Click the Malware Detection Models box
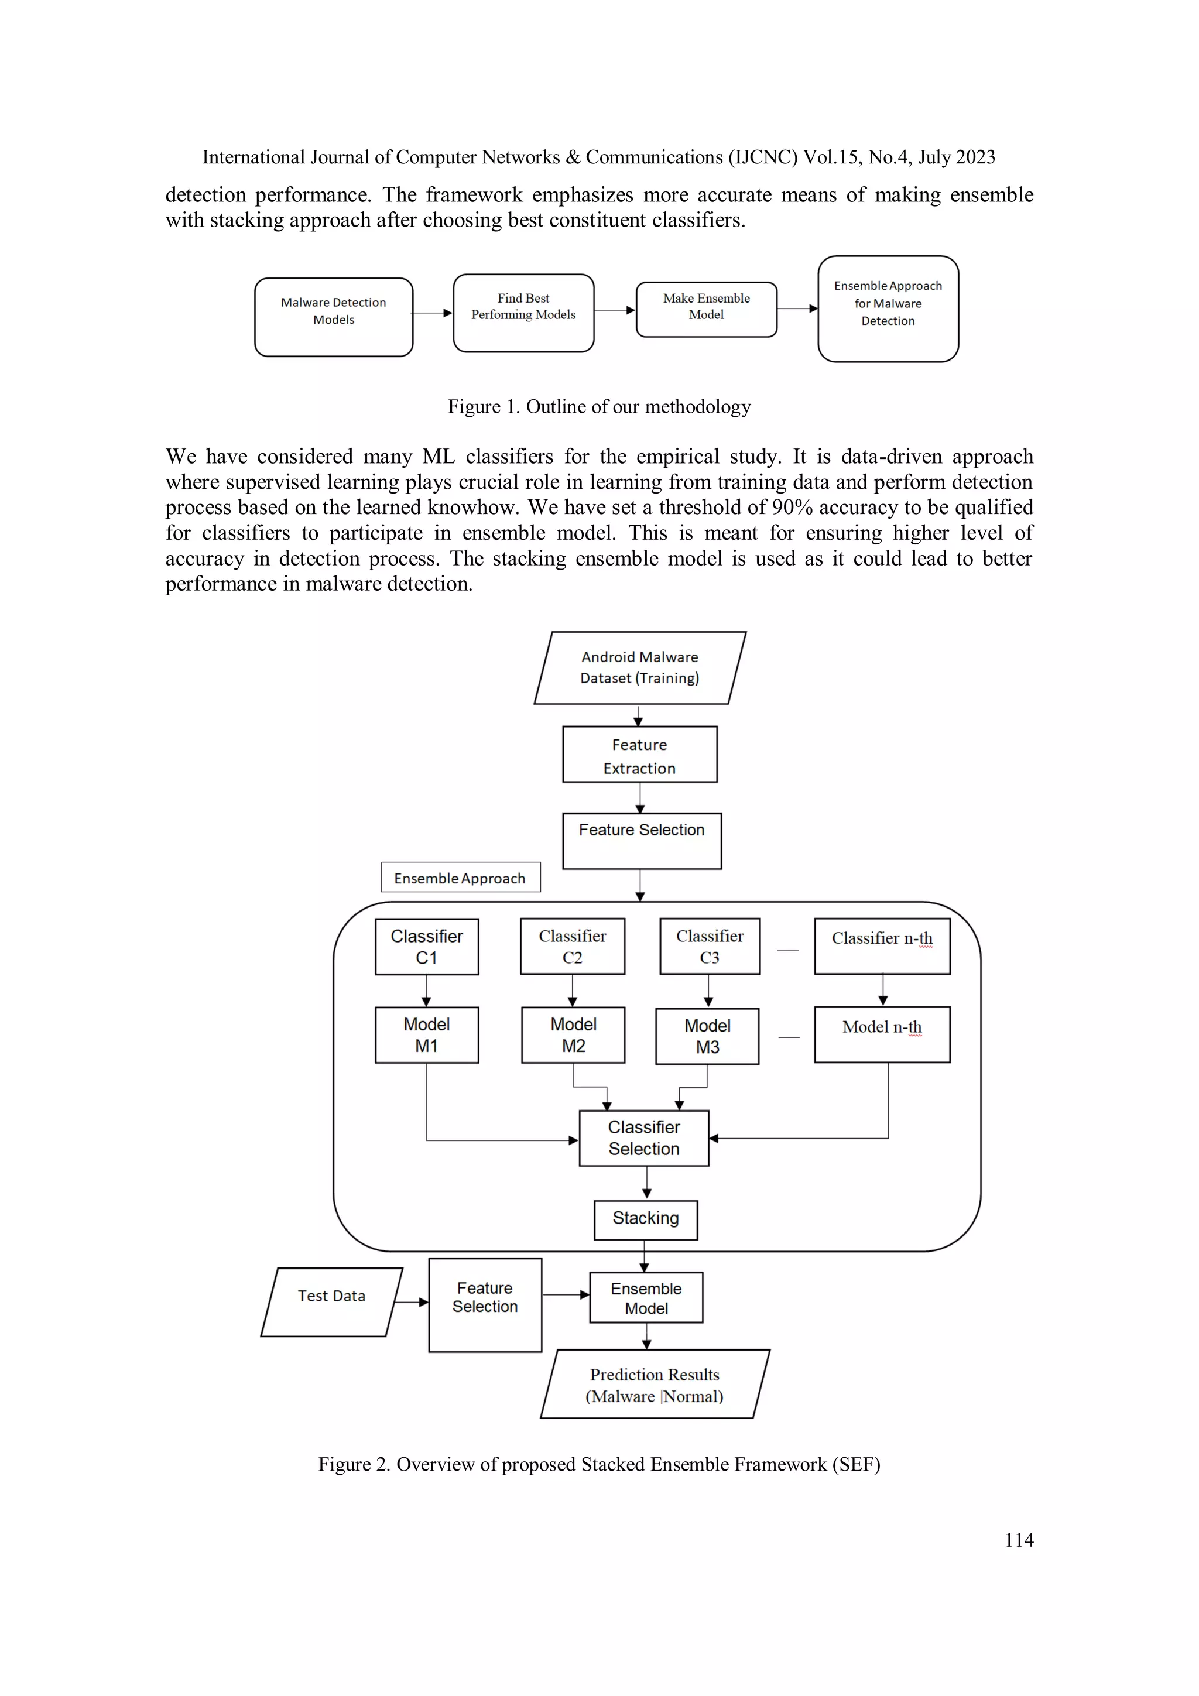tap(333, 317)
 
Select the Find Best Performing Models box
tap(523, 313)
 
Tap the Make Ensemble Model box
tap(705, 310)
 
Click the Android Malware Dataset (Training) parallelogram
tap(639, 668)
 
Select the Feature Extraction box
tap(639, 754)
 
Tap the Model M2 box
tap(573, 1035)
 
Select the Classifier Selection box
tap(643, 1138)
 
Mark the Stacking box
tap(645, 1219)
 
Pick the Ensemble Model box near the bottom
tap(646, 1298)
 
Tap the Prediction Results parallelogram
tap(654, 1385)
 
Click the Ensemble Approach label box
tap(460, 878)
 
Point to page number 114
tap(1019, 1540)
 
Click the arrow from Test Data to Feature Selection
tap(412, 1302)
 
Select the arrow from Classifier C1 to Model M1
tap(426, 991)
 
